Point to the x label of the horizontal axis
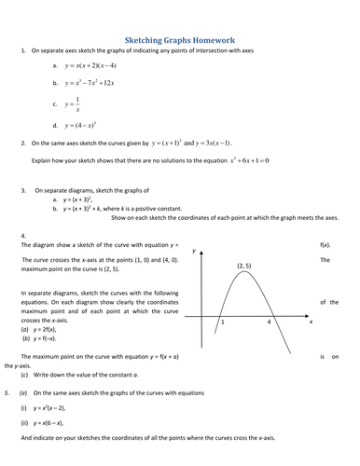tap(311, 322)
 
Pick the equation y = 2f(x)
tap(41, 329)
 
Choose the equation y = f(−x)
tap(43, 339)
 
